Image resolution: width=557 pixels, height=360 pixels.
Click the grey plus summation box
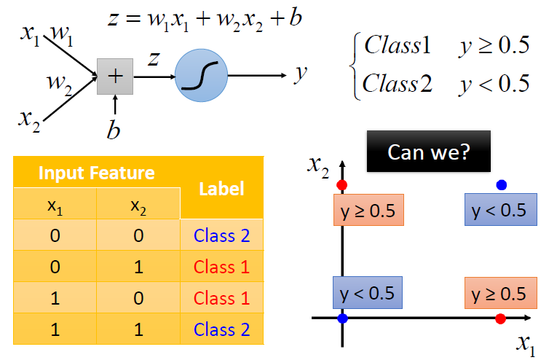coord(115,77)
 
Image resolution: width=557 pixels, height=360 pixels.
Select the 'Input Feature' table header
coord(96,173)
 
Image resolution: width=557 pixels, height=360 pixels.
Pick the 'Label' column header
coord(221,189)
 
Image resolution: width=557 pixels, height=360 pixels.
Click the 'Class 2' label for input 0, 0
coord(221,236)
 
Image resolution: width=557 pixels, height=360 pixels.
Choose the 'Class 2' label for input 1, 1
coord(221,329)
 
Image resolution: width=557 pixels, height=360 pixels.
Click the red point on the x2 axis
coord(342,184)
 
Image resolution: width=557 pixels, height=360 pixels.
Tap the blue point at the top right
coord(500,184)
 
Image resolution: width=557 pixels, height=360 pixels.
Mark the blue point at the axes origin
coord(342,318)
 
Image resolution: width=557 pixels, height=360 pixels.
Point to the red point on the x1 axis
coord(499,318)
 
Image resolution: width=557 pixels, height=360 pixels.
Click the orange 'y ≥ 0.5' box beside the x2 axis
coord(368,210)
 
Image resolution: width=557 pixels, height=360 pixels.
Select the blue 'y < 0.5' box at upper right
coord(500,210)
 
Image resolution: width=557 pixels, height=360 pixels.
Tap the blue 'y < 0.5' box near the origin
coord(368,293)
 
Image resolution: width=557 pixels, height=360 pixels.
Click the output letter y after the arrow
coord(299,74)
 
